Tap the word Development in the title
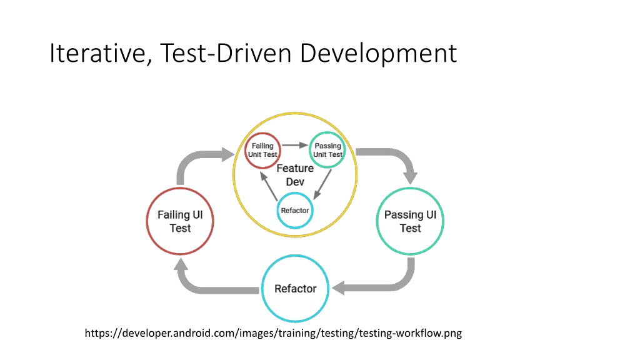378,53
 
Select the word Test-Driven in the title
226,52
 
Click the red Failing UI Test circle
147,221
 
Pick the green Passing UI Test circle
377,221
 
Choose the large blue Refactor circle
262,289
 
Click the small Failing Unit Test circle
245,150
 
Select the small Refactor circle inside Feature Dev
277,211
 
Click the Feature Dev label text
295,175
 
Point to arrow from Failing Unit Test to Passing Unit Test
295,145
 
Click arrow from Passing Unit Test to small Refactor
322,184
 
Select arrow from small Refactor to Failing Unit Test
269,186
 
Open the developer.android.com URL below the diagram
273,333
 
